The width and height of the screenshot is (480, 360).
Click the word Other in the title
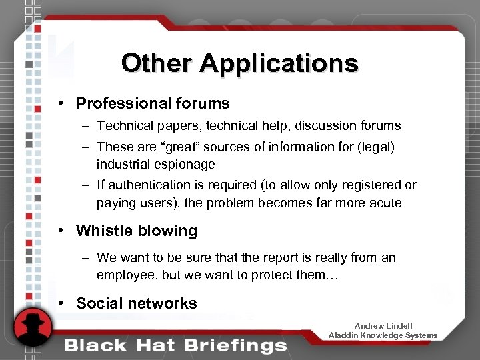point(157,63)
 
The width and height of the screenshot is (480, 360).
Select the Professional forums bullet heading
point(153,103)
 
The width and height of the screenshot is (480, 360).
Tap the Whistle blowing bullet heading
point(137,231)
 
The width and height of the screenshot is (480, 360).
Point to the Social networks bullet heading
point(137,303)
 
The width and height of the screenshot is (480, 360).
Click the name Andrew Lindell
point(383,325)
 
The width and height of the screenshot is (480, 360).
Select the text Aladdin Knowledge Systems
point(383,335)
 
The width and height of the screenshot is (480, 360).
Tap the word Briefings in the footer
point(238,345)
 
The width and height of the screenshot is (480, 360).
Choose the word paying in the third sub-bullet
point(116,203)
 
